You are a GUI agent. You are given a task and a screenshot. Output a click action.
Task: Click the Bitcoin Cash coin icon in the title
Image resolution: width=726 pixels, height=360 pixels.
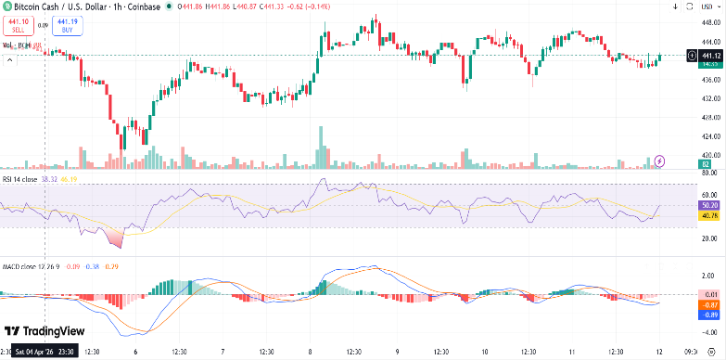coord(6,7)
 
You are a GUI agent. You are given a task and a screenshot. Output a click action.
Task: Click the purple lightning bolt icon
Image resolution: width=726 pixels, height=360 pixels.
coord(659,161)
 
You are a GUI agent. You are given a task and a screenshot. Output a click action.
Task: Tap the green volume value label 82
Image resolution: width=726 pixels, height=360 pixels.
coord(706,164)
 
